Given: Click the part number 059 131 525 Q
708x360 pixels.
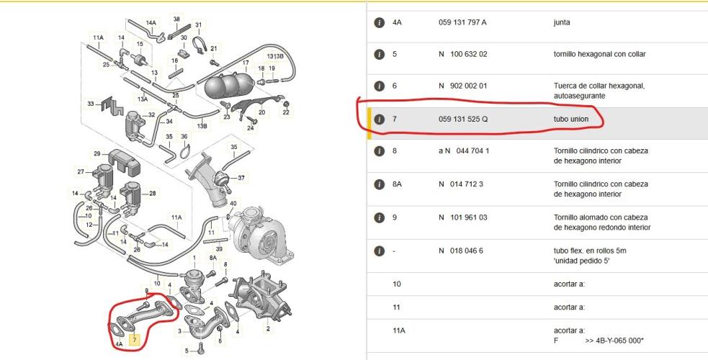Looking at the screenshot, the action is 463,119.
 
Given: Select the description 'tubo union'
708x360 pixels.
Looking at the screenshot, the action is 571,119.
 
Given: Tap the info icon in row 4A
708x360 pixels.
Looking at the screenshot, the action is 380,22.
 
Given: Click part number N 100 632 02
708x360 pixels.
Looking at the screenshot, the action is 463,54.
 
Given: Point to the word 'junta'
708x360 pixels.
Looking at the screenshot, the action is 562,22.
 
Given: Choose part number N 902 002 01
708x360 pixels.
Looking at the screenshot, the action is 463,86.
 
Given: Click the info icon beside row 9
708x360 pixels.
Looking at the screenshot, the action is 380,217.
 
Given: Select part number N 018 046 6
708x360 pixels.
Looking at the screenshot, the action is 460,251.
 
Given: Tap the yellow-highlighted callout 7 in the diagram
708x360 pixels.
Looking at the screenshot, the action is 135,340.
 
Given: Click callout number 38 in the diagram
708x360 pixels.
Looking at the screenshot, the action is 176,19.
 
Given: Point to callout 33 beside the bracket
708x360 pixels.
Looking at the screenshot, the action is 91,104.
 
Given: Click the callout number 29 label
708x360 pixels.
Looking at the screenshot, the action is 97,154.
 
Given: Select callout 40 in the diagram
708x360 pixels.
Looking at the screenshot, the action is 233,204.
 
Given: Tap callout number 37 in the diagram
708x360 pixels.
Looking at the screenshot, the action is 241,178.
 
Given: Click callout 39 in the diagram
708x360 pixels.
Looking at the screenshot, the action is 220,249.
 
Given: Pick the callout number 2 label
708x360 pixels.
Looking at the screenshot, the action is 268,329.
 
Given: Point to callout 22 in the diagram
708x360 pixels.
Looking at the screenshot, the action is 286,113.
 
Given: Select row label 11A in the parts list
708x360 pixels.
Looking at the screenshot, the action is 399,331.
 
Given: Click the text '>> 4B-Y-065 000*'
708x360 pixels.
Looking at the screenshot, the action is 614,341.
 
